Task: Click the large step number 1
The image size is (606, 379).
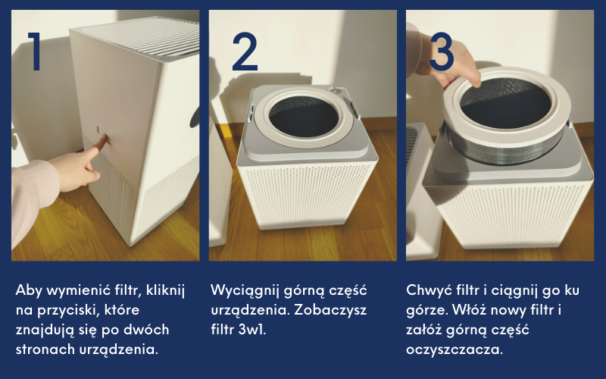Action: [35, 51]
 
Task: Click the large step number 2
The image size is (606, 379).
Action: [245, 52]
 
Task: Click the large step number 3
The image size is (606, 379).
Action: [442, 52]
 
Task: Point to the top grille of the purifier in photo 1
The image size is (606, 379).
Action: [143, 36]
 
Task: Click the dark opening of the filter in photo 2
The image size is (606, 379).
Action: [304, 116]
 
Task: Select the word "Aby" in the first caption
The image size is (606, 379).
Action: [29, 290]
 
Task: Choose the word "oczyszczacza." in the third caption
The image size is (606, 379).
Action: [454, 350]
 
